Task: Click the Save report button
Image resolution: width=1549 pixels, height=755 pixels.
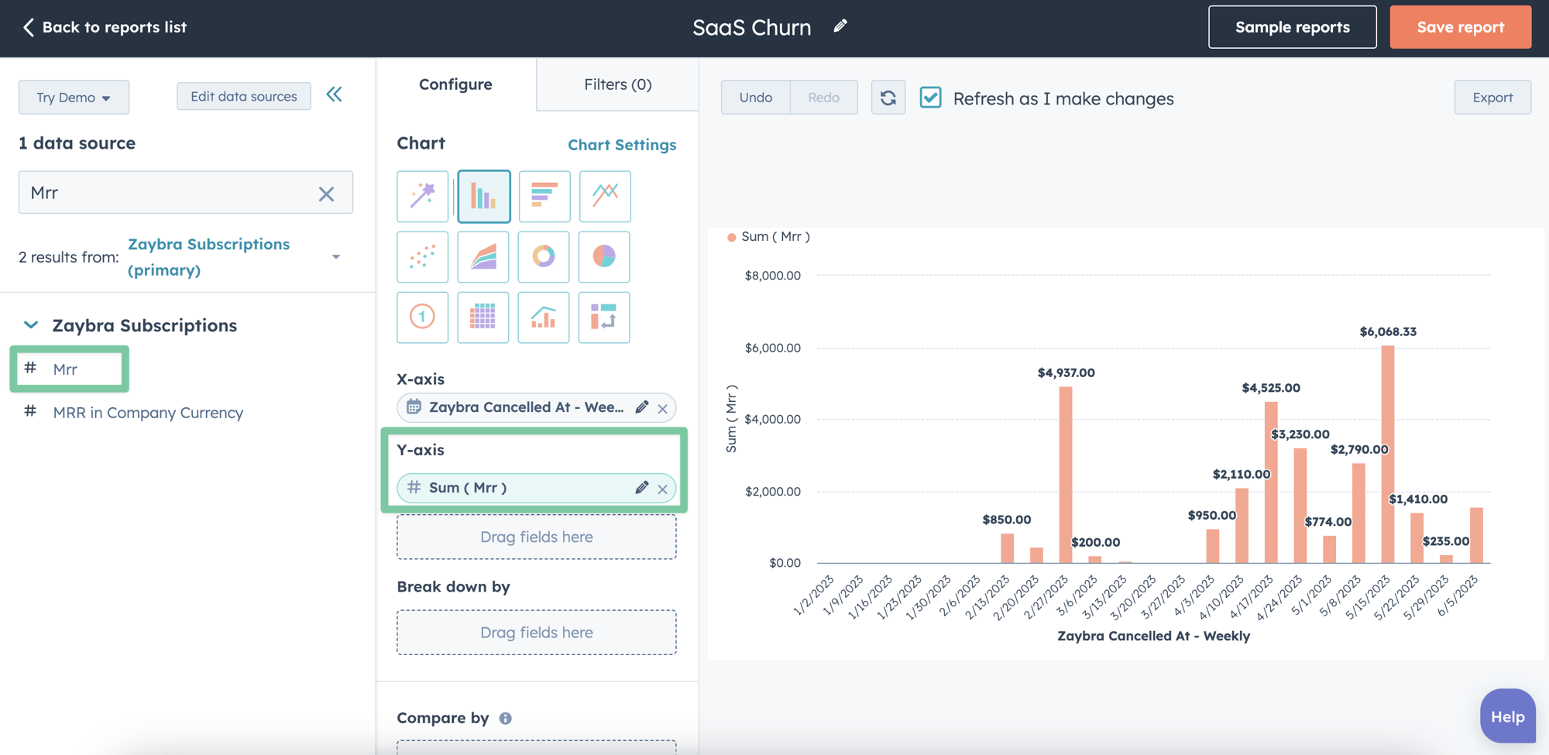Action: coord(1460,27)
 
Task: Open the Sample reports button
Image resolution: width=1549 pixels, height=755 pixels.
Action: coord(1292,27)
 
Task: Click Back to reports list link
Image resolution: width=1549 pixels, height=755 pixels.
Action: coord(105,27)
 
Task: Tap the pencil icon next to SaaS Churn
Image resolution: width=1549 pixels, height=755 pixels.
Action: coord(840,26)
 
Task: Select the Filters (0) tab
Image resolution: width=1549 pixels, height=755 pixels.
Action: coord(617,84)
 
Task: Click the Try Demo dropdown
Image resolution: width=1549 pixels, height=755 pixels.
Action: coord(74,98)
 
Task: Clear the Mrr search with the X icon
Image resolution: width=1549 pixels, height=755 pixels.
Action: coord(326,194)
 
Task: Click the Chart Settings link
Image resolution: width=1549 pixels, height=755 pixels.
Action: coord(621,145)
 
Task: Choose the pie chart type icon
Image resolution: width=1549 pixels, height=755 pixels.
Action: coord(604,256)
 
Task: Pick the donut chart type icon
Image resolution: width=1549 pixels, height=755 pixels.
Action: coord(544,256)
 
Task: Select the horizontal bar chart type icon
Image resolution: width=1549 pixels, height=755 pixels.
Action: coord(544,196)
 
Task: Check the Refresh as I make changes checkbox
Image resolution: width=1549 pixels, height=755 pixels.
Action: coord(930,98)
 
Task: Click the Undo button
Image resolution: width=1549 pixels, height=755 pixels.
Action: coord(755,98)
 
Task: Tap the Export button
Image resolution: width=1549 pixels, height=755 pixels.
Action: coord(1492,98)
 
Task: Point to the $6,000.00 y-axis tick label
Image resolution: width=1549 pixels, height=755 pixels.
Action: coord(772,348)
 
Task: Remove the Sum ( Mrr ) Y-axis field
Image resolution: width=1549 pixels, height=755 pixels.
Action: coord(663,489)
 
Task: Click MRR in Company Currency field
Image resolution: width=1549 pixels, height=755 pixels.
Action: coord(148,413)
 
